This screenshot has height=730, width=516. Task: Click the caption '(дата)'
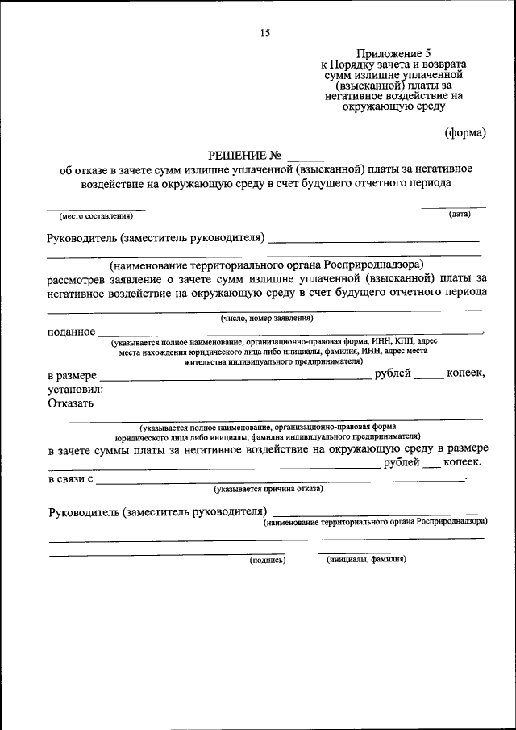[x=460, y=214]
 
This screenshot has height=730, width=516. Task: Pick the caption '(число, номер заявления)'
[x=267, y=318]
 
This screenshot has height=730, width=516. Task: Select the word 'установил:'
[x=75, y=390]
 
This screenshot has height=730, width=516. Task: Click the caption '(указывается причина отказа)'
[x=268, y=489]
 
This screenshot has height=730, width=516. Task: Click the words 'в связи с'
[x=70, y=479]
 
